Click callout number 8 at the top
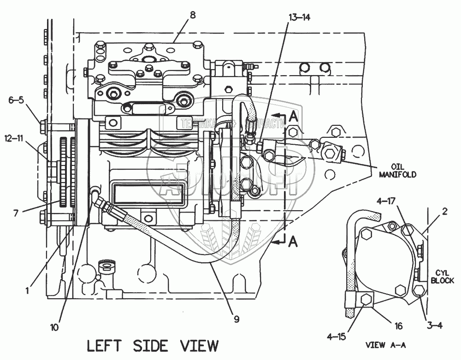(x=193, y=15)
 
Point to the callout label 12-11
(x=15, y=137)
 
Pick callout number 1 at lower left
(x=28, y=291)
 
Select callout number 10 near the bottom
(x=55, y=328)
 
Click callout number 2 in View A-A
(x=445, y=212)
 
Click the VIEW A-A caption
(x=385, y=344)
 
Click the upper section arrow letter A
(x=292, y=117)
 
